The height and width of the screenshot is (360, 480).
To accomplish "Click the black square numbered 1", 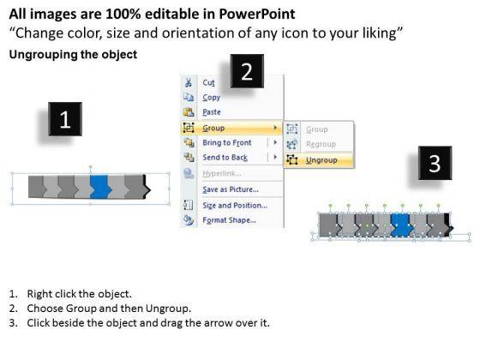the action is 65,119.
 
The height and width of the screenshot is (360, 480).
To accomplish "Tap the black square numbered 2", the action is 247,71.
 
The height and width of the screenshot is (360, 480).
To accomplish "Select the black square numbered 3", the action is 435,163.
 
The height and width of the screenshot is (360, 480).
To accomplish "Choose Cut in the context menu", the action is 208,82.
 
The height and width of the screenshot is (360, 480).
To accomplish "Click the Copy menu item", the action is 211,98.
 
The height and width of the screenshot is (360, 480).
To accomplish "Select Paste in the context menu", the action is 212,112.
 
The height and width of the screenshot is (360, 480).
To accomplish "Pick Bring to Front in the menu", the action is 227,142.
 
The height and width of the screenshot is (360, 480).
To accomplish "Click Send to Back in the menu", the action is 225,158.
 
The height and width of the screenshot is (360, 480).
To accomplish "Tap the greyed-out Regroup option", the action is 321,144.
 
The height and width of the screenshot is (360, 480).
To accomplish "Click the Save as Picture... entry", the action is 231,189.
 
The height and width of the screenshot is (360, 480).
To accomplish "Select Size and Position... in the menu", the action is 235,206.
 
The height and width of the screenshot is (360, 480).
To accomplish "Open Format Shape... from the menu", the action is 229,220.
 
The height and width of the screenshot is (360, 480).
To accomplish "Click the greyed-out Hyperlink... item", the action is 222,173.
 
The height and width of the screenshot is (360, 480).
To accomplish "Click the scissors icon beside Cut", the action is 189,82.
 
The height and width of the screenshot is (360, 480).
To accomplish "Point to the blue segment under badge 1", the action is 100,187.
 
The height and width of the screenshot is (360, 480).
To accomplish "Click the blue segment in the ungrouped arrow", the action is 401,225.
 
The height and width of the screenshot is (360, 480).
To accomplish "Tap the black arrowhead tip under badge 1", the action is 150,189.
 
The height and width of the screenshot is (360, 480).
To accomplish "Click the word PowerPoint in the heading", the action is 257,14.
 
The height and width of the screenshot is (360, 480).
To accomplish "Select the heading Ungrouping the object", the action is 73,55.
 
